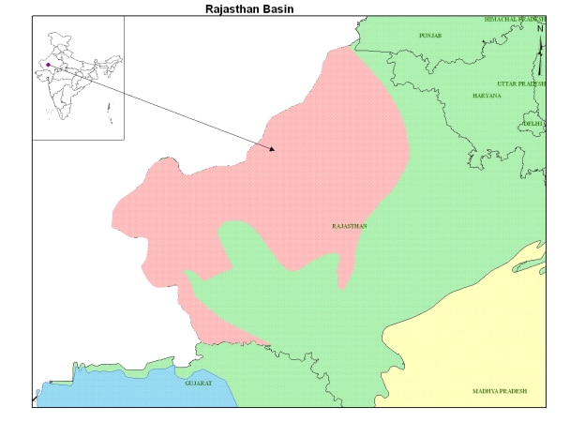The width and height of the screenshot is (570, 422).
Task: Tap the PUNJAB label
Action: [430, 35]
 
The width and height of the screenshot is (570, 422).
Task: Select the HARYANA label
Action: [487, 96]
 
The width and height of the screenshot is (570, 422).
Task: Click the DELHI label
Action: [533, 123]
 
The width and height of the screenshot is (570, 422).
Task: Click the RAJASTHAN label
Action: [350, 226]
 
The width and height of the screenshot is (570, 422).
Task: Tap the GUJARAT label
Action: [198, 384]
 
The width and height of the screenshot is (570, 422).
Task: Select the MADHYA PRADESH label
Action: [500, 390]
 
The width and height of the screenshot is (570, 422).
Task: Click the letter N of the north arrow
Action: [540, 28]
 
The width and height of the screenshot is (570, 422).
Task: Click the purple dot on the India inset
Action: [48, 65]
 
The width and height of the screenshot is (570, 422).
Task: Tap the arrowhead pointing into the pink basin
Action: [272, 148]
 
